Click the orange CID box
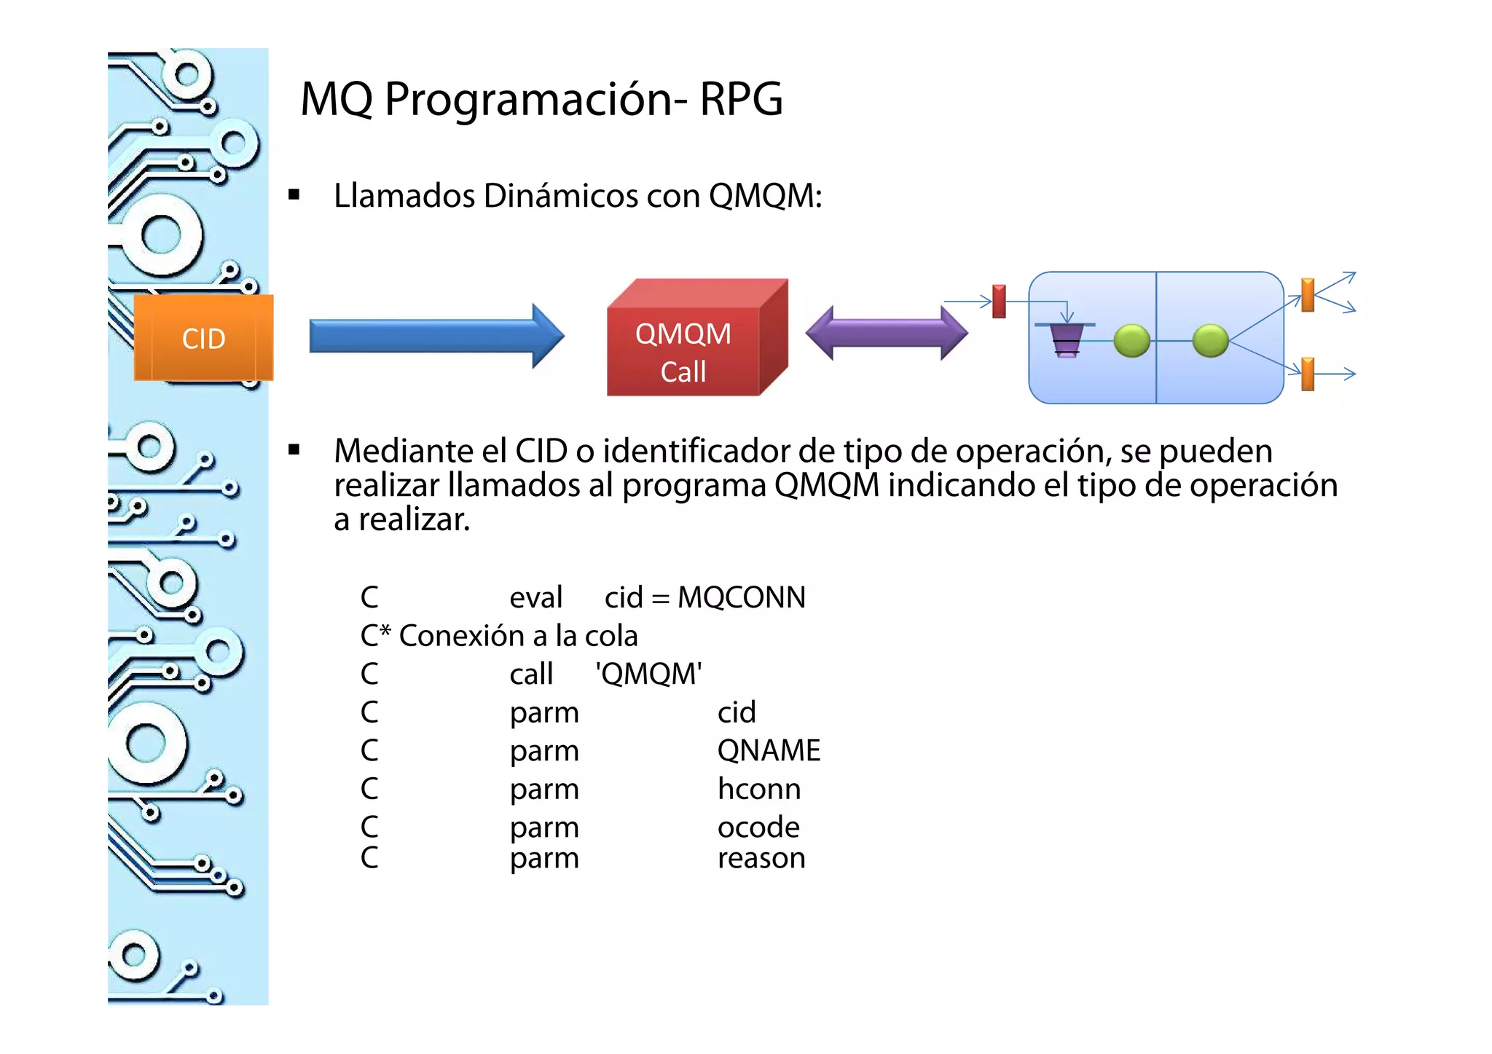coord(203,338)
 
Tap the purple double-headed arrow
coord(886,333)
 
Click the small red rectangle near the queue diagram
coord(999,301)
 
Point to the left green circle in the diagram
coord(1131,340)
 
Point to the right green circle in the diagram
coord(1210,340)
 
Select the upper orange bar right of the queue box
coord(1308,294)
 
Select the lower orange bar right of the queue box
coord(1308,374)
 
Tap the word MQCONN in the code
coord(741,597)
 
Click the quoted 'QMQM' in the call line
coord(648,674)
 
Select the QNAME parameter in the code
coord(769,750)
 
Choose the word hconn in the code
coord(758,789)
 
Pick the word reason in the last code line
coord(761,858)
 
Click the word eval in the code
coord(535,597)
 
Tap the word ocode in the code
coord(758,827)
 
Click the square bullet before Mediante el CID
coord(294,449)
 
